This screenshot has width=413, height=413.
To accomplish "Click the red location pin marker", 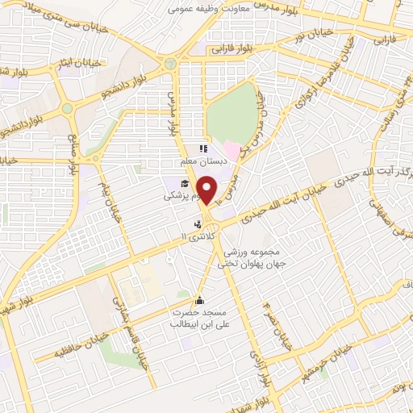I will point(208,190).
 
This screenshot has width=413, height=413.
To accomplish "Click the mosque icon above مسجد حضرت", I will point(200,302).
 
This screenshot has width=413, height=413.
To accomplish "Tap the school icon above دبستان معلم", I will point(203,148).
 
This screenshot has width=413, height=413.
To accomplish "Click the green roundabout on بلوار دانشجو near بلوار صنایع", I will point(67,108).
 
